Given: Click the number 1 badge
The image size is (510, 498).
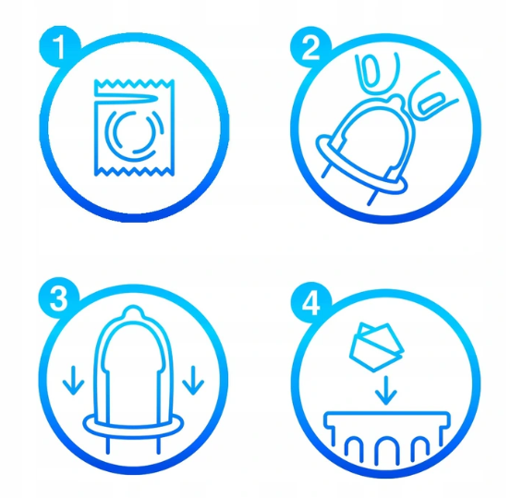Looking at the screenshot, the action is (x=59, y=47).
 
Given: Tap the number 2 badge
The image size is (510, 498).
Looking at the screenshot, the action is (x=310, y=47).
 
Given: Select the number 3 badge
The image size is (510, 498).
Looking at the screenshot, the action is (x=59, y=298).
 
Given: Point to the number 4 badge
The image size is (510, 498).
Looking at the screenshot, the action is (x=311, y=303).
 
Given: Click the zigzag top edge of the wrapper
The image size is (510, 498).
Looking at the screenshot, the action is (x=134, y=83).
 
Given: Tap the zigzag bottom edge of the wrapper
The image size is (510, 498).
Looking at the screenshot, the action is (x=134, y=172).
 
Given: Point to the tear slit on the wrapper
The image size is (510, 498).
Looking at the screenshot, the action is (x=127, y=99).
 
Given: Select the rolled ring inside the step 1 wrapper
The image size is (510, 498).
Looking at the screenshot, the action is (x=134, y=132).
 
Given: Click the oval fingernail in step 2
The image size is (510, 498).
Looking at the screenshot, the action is (x=371, y=71).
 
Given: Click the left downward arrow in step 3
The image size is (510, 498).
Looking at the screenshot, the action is (x=74, y=381).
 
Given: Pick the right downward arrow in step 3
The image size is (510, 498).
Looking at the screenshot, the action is (x=193, y=381).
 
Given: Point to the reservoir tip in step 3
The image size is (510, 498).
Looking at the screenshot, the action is (x=133, y=311).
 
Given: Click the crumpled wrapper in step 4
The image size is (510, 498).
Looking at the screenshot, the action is (x=376, y=347).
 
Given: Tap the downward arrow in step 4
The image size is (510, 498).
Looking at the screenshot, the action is (x=386, y=390).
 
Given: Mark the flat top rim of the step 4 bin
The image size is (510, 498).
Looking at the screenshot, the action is (x=387, y=415).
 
